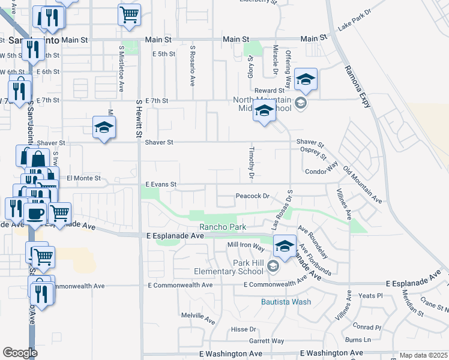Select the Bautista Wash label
286,301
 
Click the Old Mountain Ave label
362,182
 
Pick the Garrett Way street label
266,341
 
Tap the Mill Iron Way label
246,245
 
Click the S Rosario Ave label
193,66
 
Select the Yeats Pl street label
370,296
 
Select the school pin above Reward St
306,79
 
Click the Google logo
20,353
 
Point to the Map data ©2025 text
424,355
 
